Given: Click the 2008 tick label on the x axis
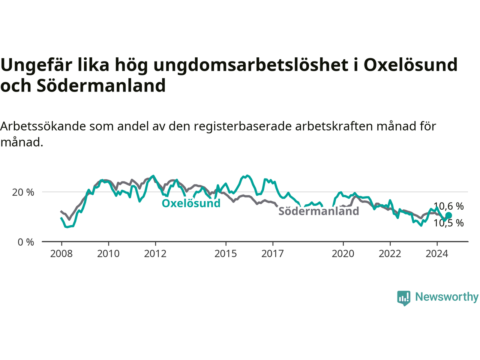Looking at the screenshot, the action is pyautogui.click(x=61, y=254).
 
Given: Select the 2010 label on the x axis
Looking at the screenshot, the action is pyautogui.click(x=108, y=254).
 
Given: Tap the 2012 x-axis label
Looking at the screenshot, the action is pyautogui.click(x=155, y=254).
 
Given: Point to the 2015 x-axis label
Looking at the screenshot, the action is pyautogui.click(x=226, y=254).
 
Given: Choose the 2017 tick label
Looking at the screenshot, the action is pyautogui.click(x=273, y=254).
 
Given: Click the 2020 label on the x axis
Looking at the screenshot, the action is pyautogui.click(x=343, y=254).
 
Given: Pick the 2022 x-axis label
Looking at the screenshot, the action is pyautogui.click(x=390, y=254).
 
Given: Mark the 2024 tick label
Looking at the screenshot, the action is pyautogui.click(x=437, y=254).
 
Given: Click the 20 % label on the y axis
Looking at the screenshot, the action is pyautogui.click(x=23, y=192).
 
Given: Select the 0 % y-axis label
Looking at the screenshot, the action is pyautogui.click(x=26, y=242).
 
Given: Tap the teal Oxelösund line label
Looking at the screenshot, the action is pyautogui.click(x=191, y=203).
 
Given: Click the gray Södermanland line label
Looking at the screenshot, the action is pyautogui.click(x=319, y=211).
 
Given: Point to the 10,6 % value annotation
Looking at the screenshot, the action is pyautogui.click(x=448, y=206).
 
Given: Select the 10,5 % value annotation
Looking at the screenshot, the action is pyautogui.click(x=448, y=223).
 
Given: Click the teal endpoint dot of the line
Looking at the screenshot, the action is pyautogui.click(x=448, y=215).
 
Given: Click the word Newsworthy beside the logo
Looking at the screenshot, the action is pyautogui.click(x=447, y=297).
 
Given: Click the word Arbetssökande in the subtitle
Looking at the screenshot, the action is pyautogui.click(x=43, y=126).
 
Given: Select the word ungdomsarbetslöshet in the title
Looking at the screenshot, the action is pyautogui.click(x=251, y=66).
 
